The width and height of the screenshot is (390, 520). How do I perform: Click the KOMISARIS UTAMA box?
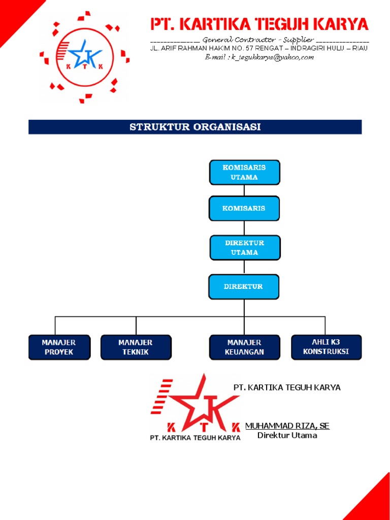click(245, 172)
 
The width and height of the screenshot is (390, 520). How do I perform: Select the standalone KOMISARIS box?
click(244, 208)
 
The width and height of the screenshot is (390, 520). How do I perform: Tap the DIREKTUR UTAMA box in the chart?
click(245, 248)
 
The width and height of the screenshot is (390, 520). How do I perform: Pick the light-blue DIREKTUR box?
click(244, 287)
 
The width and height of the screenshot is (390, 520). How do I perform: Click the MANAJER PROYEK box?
click(59, 347)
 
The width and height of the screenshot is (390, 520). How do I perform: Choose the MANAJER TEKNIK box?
click(136, 347)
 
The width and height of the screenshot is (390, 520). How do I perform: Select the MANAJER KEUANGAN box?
click(244, 347)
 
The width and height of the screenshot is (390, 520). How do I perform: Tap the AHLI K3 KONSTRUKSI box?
click(326, 347)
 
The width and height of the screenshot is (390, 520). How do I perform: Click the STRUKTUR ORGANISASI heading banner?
click(195, 127)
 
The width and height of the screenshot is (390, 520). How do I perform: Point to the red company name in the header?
click(259, 24)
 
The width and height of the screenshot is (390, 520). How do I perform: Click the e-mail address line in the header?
click(259, 57)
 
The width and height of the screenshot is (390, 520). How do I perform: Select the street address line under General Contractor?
click(259, 49)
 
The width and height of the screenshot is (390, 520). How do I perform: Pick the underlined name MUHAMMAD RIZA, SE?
click(287, 426)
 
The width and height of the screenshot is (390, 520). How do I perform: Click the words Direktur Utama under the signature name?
click(287, 435)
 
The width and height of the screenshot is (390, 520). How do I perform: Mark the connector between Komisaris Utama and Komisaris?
click(244, 190)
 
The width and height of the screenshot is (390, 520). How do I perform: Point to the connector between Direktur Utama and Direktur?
click(244, 267)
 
